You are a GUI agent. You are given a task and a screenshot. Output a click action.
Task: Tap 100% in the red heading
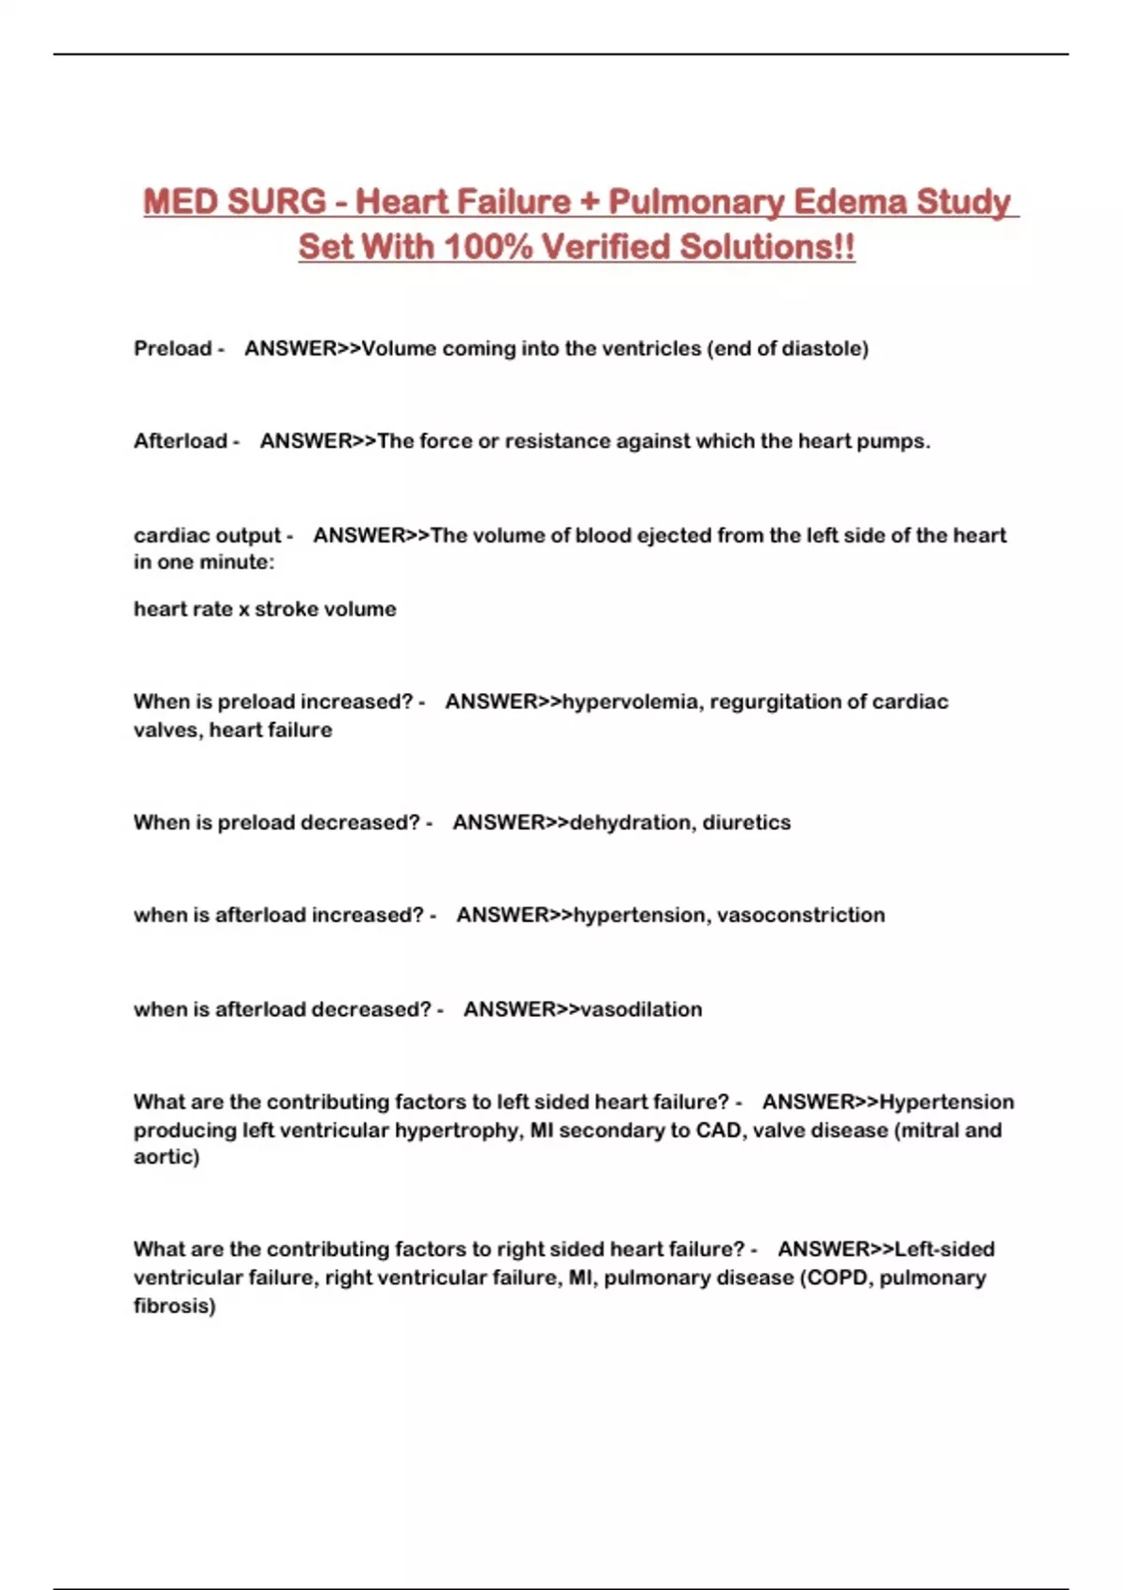coord(488,248)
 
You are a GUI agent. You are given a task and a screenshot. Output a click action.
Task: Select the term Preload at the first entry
coord(173,349)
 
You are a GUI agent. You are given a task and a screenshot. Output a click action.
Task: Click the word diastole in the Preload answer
coord(824,349)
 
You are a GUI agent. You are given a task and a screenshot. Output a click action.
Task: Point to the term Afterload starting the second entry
coord(181,441)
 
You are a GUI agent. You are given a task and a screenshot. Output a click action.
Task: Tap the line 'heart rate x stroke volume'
coord(265,609)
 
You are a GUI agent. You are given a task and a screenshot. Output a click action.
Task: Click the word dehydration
coord(631,822)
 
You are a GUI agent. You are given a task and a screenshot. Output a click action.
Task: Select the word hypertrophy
coord(457,1130)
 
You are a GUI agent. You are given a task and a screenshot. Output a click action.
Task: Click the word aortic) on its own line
coord(167,1157)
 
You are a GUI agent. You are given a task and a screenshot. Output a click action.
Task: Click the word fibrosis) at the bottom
coord(175,1306)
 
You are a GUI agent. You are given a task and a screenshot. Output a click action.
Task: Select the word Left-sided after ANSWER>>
coord(944,1250)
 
